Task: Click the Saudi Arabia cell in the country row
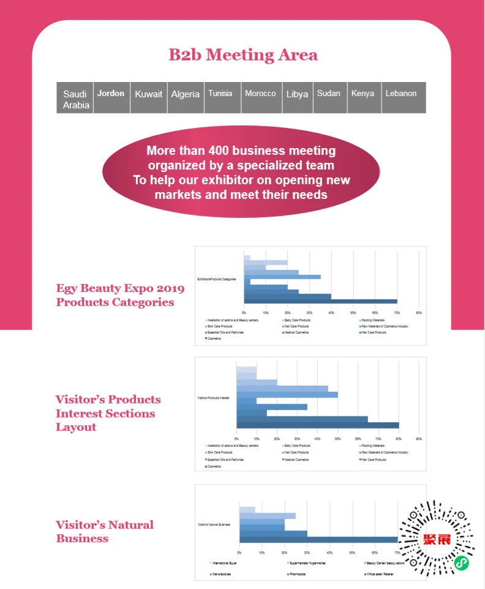75,99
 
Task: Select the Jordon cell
111,94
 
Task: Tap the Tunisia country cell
220,94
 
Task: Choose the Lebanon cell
401,94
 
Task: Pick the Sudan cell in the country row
329,94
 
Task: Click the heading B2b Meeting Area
243,55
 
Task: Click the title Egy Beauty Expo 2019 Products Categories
116,295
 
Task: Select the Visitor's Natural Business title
105,531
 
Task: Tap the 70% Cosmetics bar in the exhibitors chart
320,301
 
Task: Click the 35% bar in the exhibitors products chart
282,277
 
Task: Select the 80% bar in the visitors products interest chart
317,425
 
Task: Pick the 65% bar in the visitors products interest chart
302,419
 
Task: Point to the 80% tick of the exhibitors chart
419,313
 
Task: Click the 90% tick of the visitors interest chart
419,438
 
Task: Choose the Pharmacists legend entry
298,574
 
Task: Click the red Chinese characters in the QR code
437,539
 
